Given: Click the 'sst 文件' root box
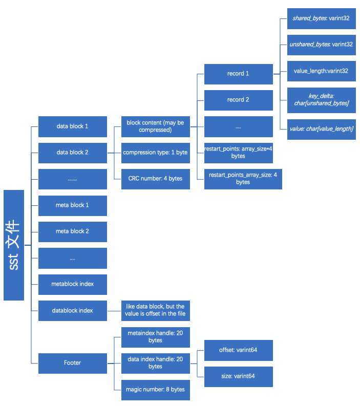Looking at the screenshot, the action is coord(14,245).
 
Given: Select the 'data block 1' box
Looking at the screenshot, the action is coord(72,126).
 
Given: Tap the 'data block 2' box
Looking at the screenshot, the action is coord(72,153).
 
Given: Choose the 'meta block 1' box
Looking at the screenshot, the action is coord(72,205).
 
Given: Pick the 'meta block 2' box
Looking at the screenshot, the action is coord(72,231).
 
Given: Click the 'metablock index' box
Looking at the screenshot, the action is coord(72,284).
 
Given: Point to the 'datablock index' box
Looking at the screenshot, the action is coord(72,310).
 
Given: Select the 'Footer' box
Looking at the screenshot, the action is coord(72,363).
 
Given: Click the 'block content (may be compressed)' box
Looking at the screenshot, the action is coord(155,126).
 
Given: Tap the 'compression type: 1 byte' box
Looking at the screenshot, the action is coord(155,153).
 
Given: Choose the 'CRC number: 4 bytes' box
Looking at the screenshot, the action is coord(155,179).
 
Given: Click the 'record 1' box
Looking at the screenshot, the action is coord(238,74).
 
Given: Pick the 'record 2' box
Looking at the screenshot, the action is coord(238,100).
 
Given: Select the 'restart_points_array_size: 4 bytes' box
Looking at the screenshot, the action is coord(243,179).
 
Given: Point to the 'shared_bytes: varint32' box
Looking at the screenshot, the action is coord(321,18).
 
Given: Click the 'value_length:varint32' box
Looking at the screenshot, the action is coord(321,71).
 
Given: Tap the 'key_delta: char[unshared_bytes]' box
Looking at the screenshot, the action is coord(321,100).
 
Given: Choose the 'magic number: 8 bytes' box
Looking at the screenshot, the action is coord(155,390).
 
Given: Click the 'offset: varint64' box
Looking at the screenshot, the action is coord(238,350).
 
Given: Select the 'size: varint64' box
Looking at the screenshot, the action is coord(238,376).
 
